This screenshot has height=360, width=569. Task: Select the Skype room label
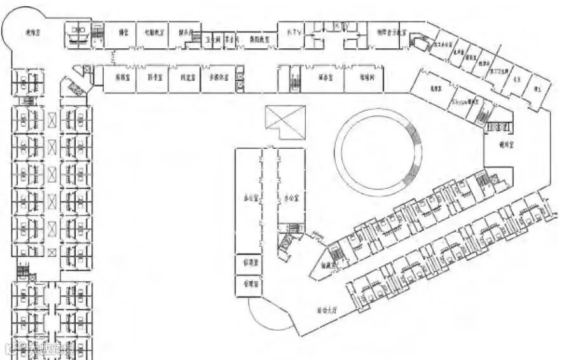click(x=464, y=100)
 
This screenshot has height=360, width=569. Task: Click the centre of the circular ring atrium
click(x=380, y=151)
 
